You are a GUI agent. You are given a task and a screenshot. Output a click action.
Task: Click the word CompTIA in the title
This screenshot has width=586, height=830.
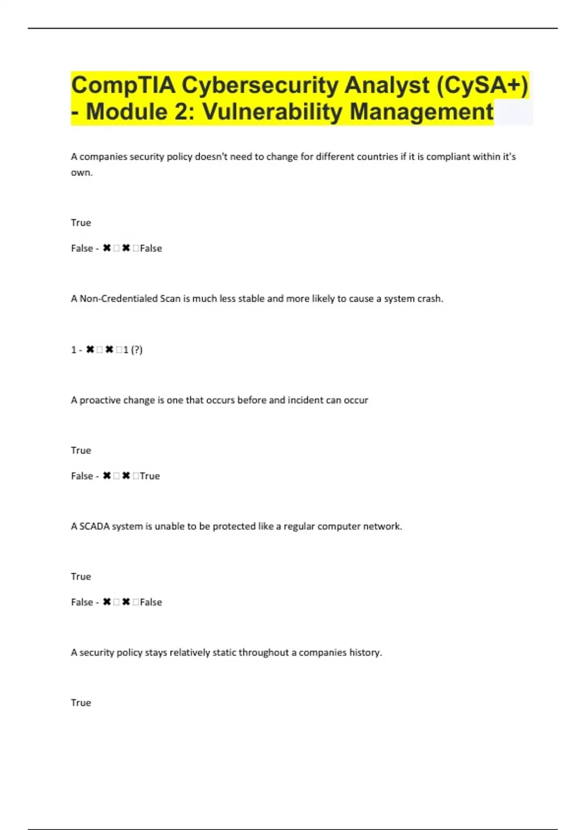point(123,85)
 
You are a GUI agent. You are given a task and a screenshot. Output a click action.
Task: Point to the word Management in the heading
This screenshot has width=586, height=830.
point(421,112)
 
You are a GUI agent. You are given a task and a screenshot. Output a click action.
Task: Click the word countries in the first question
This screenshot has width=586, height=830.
point(377,157)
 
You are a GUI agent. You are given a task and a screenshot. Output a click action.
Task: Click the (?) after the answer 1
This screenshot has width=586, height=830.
point(137,350)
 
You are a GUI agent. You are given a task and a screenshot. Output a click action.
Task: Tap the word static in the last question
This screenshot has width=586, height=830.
point(224,652)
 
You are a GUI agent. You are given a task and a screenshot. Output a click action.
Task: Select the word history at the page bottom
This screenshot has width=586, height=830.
point(365,652)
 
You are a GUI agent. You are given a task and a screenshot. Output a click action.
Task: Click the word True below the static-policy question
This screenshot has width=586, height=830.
point(81,703)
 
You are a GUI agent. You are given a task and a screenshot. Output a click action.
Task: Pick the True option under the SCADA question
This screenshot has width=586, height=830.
point(81,577)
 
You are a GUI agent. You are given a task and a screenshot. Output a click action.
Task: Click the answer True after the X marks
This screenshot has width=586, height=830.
point(150,476)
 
